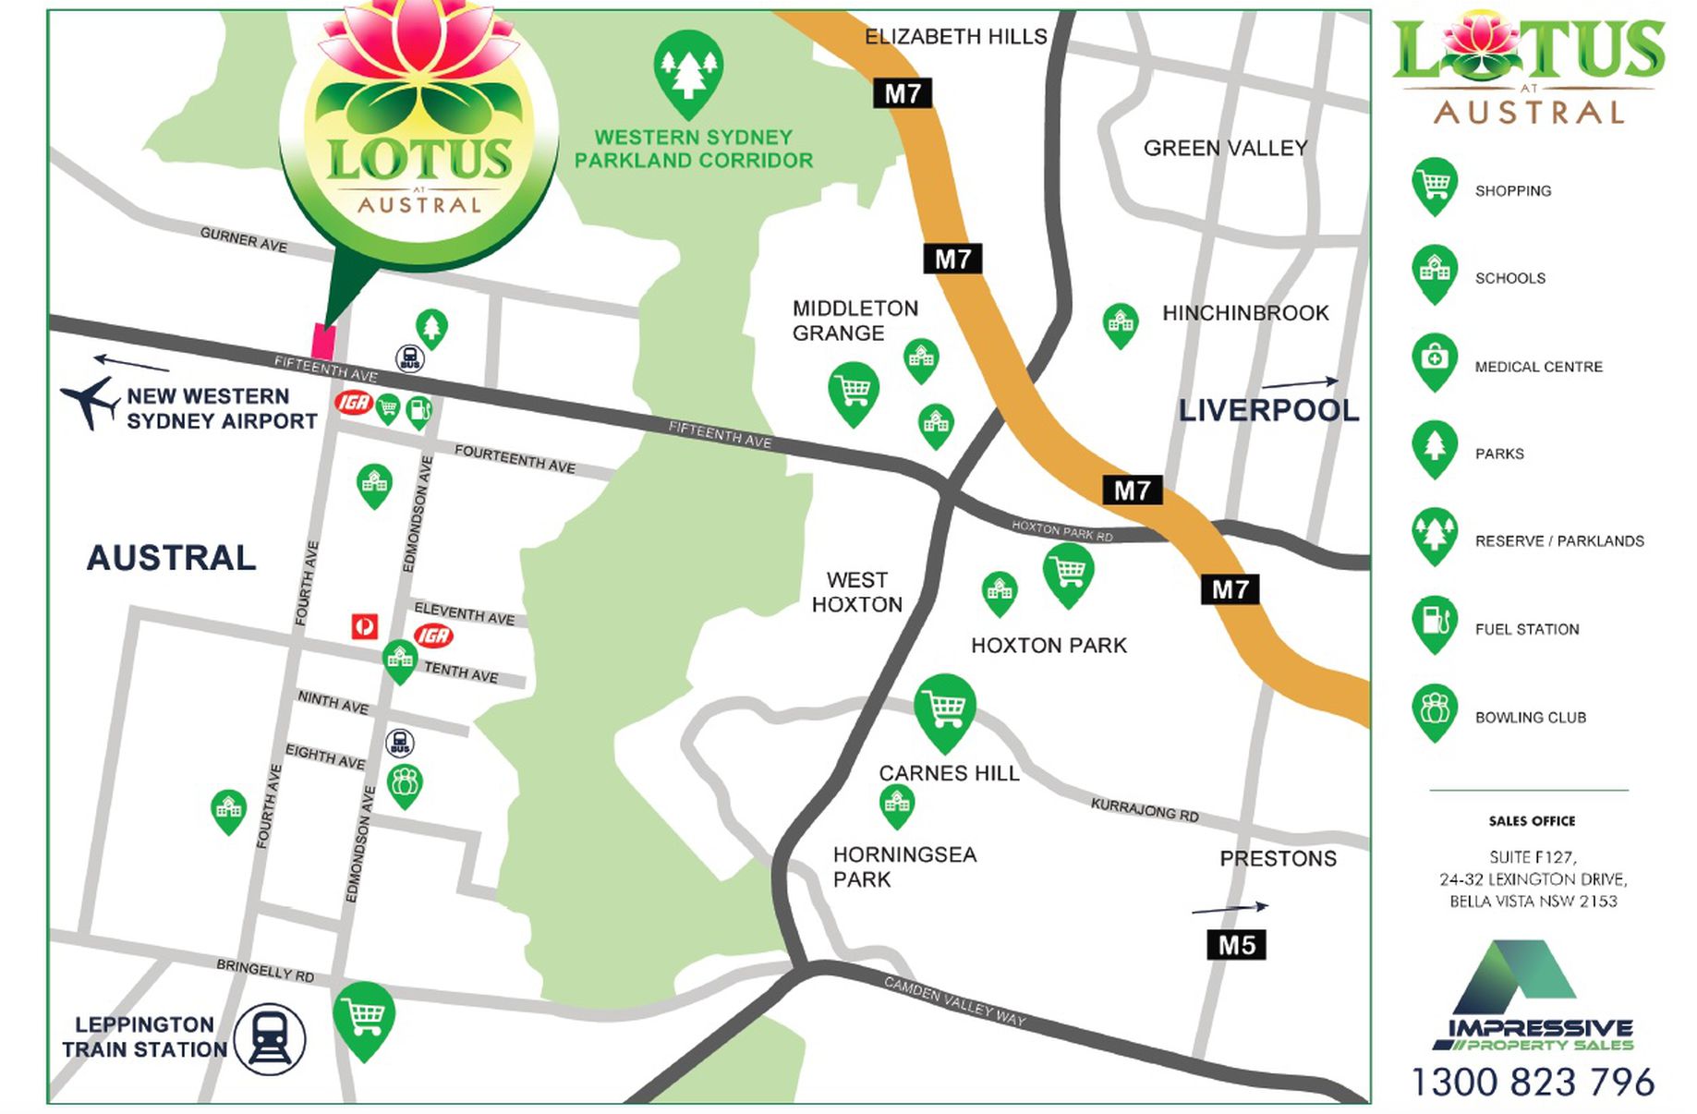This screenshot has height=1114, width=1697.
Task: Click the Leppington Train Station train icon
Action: click(x=269, y=1038)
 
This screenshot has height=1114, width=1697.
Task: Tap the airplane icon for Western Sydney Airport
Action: click(x=90, y=402)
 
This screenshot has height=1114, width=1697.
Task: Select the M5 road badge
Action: click(x=1235, y=944)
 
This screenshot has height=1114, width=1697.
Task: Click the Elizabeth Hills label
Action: click(x=955, y=37)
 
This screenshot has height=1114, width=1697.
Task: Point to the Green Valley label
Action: click(x=1225, y=148)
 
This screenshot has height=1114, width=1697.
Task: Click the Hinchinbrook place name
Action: click(x=1244, y=313)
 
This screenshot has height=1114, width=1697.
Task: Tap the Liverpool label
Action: click(x=1267, y=410)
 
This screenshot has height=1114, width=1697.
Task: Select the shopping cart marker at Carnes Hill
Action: click(x=944, y=708)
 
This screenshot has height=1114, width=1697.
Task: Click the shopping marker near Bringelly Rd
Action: click(x=364, y=1017)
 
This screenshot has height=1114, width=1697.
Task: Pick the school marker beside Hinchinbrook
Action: click(x=1120, y=323)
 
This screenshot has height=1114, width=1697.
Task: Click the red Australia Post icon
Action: click(x=365, y=626)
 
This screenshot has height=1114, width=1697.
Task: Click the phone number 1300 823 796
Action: click(x=1533, y=1082)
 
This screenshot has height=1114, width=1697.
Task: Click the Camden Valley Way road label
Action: click(x=954, y=1000)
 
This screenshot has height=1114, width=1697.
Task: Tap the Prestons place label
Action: click(x=1277, y=858)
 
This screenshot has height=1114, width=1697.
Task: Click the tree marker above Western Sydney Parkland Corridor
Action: click(x=687, y=70)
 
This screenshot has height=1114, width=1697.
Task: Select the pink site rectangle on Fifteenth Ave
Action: click(x=323, y=341)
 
